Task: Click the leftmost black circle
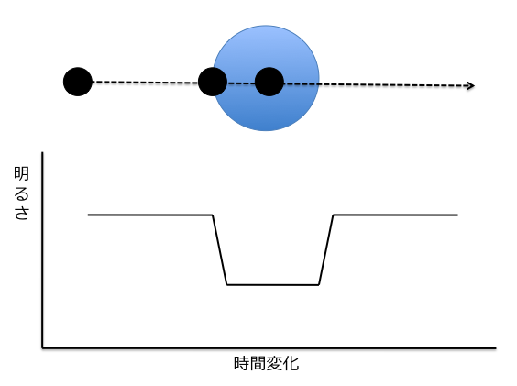point(78,82)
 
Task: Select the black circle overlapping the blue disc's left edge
point(213,82)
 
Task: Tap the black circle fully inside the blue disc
point(269,82)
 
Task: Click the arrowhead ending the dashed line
point(470,86)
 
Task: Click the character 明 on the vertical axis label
point(22,173)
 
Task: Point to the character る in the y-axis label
point(22,194)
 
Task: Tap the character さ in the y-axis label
point(22,213)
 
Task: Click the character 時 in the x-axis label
point(242,363)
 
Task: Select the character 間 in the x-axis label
point(258,363)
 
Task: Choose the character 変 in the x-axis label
point(274,363)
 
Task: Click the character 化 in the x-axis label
point(291,363)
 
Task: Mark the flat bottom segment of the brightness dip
point(272,285)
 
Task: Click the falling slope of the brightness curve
point(220,249)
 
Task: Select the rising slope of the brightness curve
point(326,249)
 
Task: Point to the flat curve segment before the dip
point(150,215)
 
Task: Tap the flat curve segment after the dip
point(395,215)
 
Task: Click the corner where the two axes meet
point(42,347)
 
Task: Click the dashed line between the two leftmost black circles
point(145,83)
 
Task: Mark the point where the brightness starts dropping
point(213,215)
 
